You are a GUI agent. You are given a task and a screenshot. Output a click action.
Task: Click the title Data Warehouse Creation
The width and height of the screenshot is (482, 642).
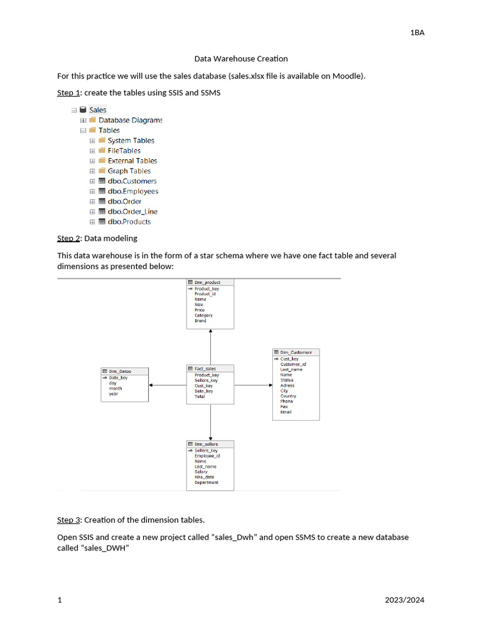[241, 59]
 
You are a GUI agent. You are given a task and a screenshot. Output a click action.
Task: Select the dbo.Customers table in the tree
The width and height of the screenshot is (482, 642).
[132, 181]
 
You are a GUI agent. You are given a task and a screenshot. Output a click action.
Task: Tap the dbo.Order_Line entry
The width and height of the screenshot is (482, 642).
[132, 211]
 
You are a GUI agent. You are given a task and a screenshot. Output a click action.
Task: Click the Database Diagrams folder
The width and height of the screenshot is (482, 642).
[130, 120]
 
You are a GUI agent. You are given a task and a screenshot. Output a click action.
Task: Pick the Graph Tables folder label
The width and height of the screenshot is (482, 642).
[129, 171]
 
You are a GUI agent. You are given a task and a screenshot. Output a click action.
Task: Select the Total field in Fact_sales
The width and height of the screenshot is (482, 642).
[200, 396]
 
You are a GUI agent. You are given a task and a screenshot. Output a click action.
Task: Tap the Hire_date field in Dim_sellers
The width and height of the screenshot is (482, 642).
[204, 477]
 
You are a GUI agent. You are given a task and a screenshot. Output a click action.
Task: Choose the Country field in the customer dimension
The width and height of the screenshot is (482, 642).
[288, 396]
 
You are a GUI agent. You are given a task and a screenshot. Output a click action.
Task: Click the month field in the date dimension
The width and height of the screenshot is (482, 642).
[115, 389]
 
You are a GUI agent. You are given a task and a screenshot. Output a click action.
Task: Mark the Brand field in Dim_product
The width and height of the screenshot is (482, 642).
[200, 320]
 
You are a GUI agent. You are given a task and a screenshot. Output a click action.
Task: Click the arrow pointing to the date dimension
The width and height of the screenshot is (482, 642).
[168, 385]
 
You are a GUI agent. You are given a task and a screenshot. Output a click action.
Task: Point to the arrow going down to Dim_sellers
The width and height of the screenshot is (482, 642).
[211, 421]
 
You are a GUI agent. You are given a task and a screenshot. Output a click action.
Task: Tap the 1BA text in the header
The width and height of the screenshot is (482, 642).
[417, 33]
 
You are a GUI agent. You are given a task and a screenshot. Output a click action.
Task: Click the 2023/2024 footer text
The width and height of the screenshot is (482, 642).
[405, 600]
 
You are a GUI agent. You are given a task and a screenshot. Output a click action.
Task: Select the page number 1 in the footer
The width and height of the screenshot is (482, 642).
[60, 600]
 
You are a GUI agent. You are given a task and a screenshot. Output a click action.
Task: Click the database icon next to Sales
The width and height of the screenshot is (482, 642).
[83, 110]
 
